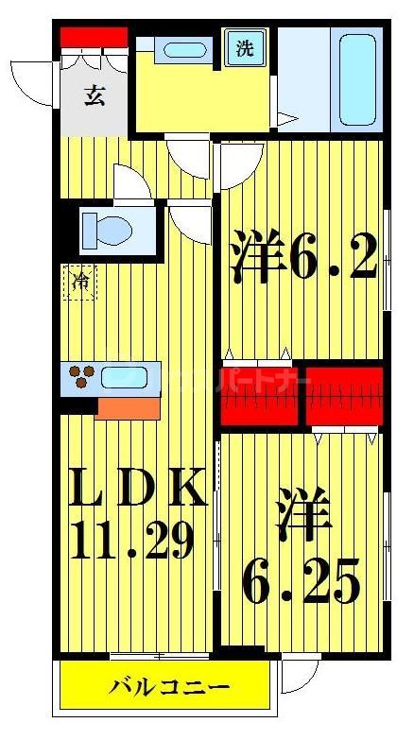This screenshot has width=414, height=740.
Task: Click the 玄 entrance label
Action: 94,96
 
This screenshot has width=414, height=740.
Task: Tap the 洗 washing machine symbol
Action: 245,49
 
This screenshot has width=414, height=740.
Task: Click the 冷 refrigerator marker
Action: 81,282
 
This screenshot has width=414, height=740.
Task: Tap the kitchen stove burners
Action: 80,378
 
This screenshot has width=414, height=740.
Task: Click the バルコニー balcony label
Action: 170,685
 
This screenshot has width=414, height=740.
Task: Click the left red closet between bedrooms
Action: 258,395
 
